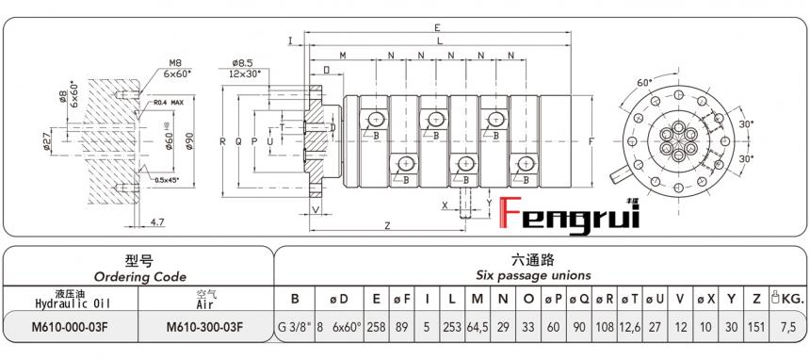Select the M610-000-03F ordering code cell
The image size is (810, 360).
click(71, 327)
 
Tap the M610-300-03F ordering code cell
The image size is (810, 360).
click(204, 327)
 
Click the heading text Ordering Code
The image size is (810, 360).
click(138, 276)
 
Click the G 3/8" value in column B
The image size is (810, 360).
click(294, 327)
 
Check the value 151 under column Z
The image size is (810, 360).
click(756, 327)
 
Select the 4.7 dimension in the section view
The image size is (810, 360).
click(157, 222)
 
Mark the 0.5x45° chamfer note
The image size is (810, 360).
click(170, 180)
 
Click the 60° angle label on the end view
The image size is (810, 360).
click(644, 83)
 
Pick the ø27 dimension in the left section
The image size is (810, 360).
click(47, 141)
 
